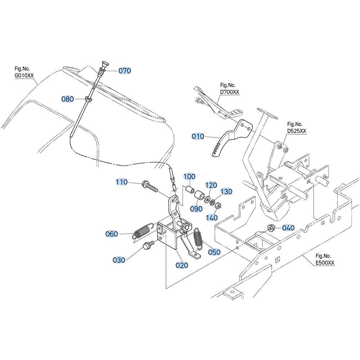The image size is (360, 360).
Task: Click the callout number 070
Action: (x=125, y=71)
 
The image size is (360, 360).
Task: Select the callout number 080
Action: (x=68, y=99)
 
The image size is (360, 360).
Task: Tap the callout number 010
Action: (x=198, y=136)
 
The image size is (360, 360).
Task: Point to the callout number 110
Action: (x=121, y=182)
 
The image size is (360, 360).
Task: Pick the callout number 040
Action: (x=288, y=228)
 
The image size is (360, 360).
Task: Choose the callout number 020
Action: (x=182, y=265)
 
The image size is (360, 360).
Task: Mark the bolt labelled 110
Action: (x=150, y=186)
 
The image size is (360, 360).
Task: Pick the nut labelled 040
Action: (x=271, y=228)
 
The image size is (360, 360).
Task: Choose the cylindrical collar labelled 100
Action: (x=190, y=190)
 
